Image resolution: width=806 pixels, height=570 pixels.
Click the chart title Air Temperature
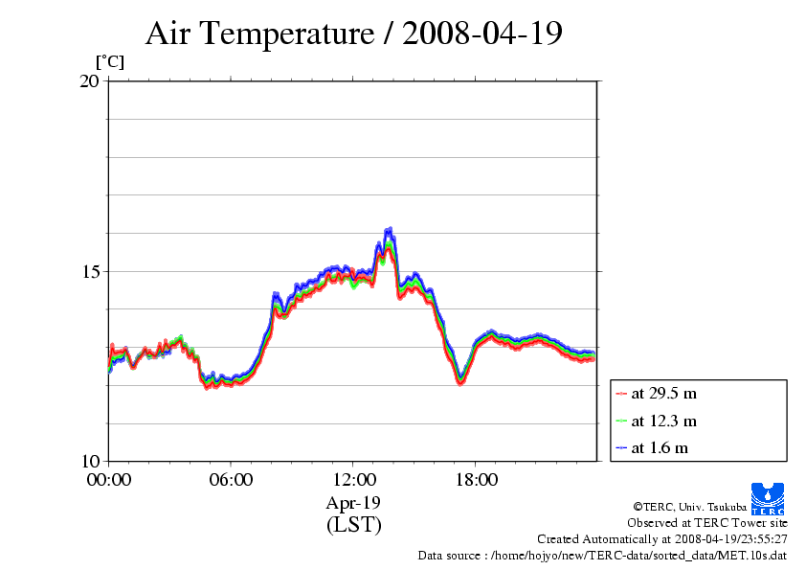(258, 34)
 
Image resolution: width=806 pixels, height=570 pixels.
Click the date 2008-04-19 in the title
(482, 34)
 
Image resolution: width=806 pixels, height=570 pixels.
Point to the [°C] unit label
(109, 61)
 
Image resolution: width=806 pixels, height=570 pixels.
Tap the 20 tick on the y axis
(89, 81)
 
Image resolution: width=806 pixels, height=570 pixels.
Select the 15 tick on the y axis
(89, 271)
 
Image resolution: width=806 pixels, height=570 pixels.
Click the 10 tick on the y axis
(89, 461)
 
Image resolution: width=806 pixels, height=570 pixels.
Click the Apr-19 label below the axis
(354, 503)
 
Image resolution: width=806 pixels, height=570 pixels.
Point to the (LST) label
(354, 525)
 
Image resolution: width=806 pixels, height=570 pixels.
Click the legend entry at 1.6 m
(660, 447)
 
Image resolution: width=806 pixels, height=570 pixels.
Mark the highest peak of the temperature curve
(389, 230)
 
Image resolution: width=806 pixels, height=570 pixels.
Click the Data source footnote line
(602, 555)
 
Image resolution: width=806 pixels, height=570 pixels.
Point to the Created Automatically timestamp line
(661, 539)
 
